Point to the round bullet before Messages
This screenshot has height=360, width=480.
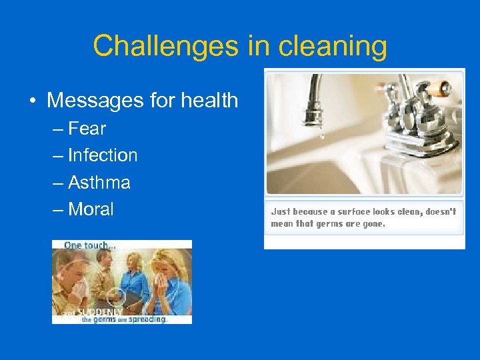tap(33, 101)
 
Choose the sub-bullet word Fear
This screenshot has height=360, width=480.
tap(87, 128)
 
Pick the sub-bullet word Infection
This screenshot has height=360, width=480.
tap(103, 155)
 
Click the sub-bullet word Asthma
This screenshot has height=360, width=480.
tap(99, 183)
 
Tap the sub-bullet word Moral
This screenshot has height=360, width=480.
tap(91, 209)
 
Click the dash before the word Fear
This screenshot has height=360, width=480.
tap(58, 129)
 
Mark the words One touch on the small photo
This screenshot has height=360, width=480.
tap(89, 245)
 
